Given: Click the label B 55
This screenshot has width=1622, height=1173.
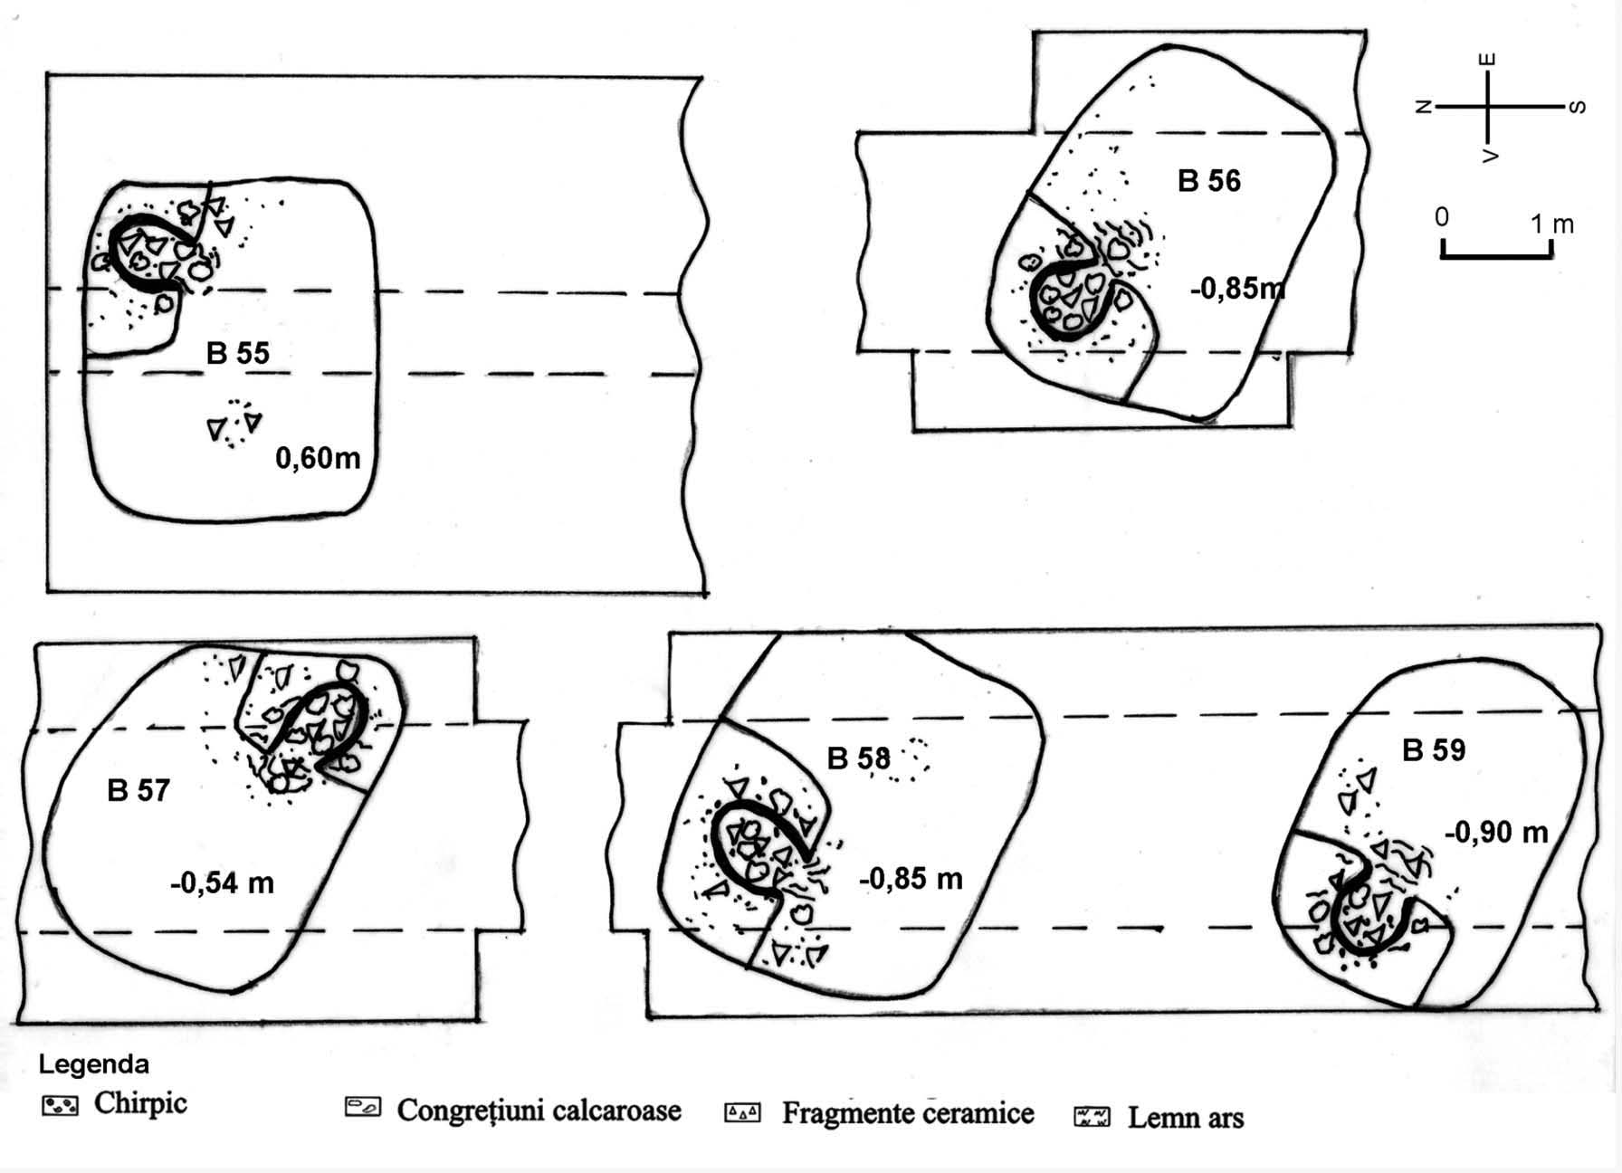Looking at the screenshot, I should [x=237, y=352].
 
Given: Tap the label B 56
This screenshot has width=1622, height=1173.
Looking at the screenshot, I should [x=1208, y=181].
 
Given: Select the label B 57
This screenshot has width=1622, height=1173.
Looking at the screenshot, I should [x=138, y=790].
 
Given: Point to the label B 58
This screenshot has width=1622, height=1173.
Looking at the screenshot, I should [x=858, y=758].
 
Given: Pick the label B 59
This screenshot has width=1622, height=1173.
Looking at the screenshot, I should [x=1433, y=749].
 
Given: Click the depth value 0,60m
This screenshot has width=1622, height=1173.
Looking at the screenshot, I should [x=318, y=458].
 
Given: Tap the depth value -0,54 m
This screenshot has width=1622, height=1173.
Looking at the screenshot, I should [x=222, y=882].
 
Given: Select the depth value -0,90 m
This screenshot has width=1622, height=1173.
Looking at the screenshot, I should [x=1495, y=832].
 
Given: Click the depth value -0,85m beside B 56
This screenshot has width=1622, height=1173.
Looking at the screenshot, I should [x=1237, y=288].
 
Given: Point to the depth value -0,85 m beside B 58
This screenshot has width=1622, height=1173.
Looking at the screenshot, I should [x=911, y=878].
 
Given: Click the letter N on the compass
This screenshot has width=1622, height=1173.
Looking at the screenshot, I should [x=1422, y=107].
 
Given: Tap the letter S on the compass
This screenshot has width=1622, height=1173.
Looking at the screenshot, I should [x=1576, y=107].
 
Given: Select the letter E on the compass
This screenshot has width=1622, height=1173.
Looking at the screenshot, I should [x=1487, y=60].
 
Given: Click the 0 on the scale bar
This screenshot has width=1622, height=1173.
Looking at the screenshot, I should [x=1442, y=218].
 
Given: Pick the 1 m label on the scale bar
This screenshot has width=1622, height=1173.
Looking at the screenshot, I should [x=1551, y=224].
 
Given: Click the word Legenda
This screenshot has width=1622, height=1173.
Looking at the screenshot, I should [x=93, y=1064].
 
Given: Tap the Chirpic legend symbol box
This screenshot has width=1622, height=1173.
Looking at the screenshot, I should [x=60, y=1105].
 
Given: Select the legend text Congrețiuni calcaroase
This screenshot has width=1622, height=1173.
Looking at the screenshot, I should [x=539, y=1111].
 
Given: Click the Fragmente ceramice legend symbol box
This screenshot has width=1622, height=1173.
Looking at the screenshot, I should [x=742, y=1112].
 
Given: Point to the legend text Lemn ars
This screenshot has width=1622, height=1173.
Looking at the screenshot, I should [x=1185, y=1118].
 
